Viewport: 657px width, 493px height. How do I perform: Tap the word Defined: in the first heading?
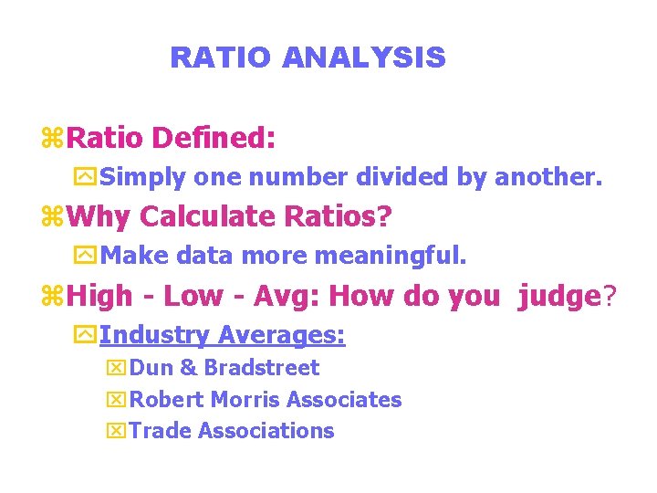214,139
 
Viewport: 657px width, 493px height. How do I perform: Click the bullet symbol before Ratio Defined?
53,140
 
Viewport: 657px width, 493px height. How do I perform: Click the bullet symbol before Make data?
88,257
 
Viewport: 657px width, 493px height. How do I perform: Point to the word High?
99,296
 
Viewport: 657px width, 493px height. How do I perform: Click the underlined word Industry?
154,335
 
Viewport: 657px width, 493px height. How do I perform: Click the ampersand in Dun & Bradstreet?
189,368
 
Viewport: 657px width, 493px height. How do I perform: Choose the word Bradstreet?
262,368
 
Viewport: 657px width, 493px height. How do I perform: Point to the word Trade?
161,430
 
